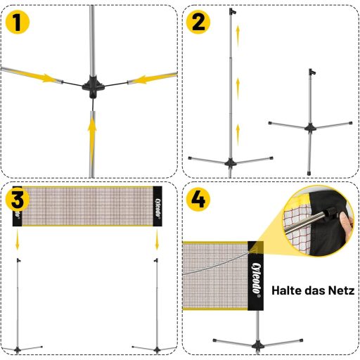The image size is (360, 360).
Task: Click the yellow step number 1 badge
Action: tap(18, 22)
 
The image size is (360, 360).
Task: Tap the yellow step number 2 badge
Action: tap(198, 22)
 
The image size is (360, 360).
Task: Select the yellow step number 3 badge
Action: tap(18, 200)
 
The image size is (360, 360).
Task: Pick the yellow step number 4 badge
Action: tap(198, 200)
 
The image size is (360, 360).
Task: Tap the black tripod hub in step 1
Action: tap(93, 86)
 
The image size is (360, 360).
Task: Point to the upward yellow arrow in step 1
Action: tap(92, 141)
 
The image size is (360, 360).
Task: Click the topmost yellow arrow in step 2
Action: tap(238, 37)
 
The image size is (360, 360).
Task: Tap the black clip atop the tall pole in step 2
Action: tap(232, 11)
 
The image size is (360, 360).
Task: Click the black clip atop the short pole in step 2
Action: tap(312, 72)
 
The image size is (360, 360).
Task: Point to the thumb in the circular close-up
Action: tap(347, 222)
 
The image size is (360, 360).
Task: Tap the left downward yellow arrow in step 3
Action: tap(17, 240)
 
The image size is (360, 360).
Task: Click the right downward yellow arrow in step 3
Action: tap(157, 240)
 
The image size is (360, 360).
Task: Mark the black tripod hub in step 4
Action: tap(257, 345)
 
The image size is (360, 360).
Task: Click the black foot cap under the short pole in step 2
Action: tap(309, 173)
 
